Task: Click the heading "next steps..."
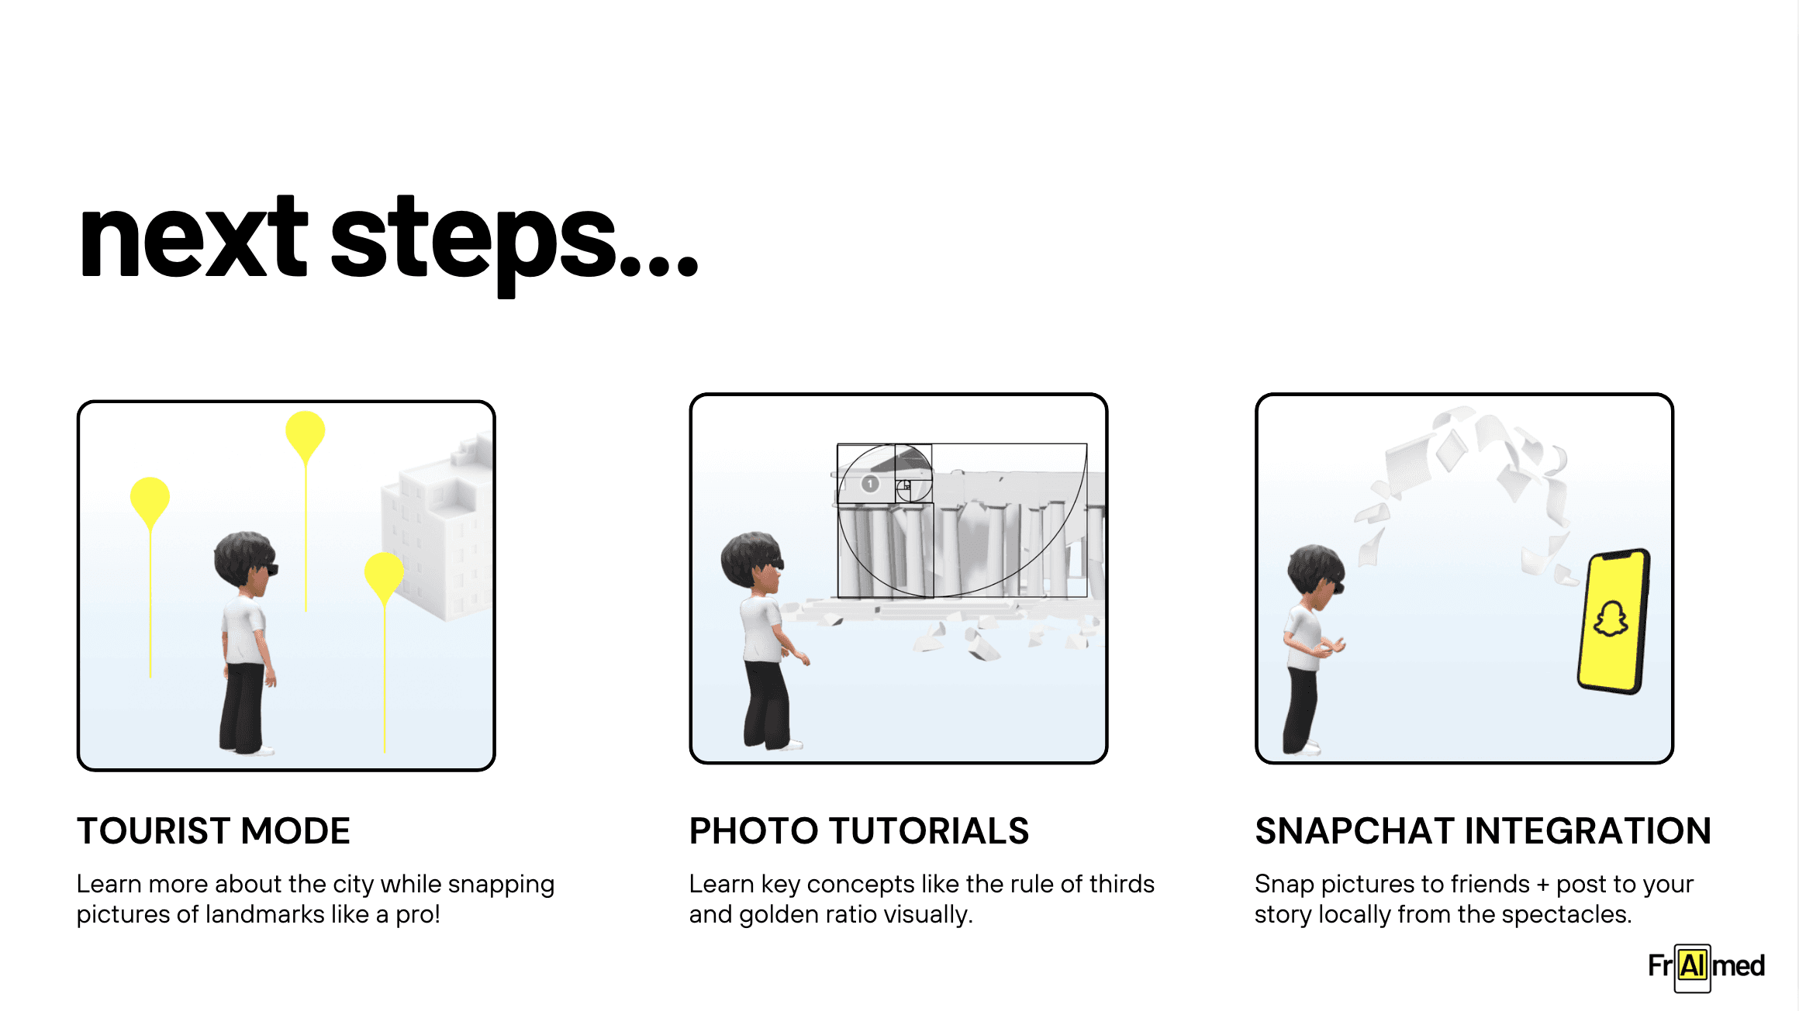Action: pyautogui.click(x=389, y=242)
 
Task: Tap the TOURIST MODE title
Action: pyautogui.click(x=213, y=831)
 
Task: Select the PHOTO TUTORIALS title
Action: pyautogui.click(x=859, y=831)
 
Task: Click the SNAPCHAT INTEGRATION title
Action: pyautogui.click(x=1483, y=831)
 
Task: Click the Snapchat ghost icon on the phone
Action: pyautogui.click(x=1611, y=619)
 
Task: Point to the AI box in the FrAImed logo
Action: pyautogui.click(x=1693, y=967)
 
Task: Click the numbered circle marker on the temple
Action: pyautogui.click(x=870, y=484)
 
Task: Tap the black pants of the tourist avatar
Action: pyautogui.click(x=243, y=706)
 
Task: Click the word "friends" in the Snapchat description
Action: pyautogui.click(x=1490, y=884)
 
